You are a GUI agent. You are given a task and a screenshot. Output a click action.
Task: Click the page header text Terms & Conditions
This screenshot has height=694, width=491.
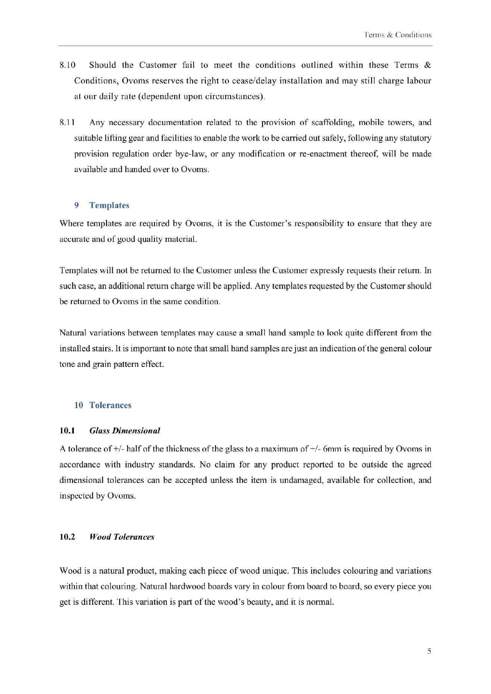(398, 35)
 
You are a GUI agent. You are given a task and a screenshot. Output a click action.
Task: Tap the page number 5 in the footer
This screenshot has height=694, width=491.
(429, 651)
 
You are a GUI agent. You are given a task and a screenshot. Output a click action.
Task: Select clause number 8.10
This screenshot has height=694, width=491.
(68, 65)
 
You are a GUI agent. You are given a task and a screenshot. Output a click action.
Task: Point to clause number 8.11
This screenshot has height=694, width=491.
(67, 123)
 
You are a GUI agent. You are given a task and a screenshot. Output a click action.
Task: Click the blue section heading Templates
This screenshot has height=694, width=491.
(109, 205)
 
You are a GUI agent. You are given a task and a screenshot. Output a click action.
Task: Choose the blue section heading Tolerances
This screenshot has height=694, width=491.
(110, 405)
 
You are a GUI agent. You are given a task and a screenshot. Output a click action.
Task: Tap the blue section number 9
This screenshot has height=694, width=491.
(76, 205)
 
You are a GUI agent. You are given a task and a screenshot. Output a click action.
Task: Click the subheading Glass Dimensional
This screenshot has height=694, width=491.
(125, 431)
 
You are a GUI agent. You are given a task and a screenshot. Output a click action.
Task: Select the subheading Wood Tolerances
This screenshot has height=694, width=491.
(122, 537)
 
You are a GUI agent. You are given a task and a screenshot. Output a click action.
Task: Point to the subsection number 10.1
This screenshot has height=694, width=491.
(67, 431)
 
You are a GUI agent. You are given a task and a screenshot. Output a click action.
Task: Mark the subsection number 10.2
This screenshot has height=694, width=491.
(67, 537)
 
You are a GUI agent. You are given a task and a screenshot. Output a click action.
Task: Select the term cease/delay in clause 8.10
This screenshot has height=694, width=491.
(254, 81)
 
